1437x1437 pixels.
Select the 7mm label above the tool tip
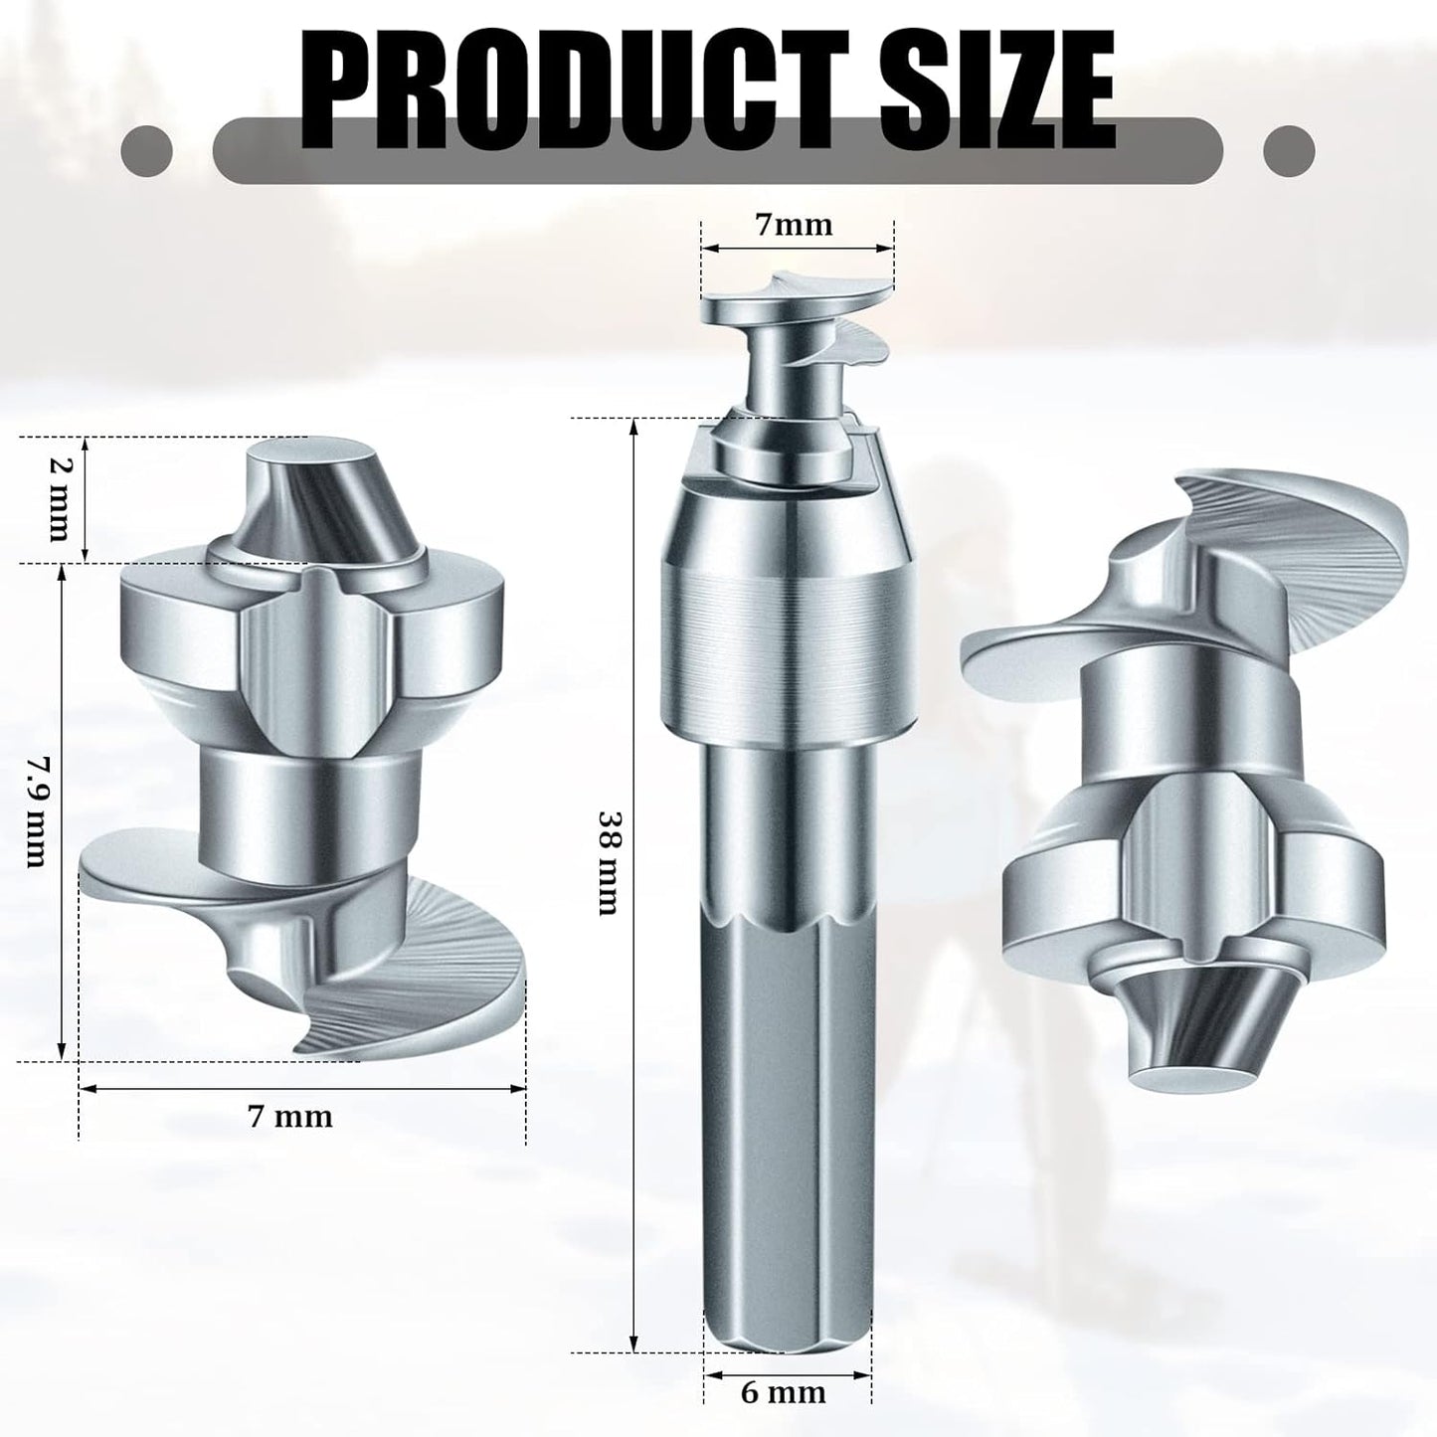(x=795, y=225)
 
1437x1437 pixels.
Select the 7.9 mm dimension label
(x=36, y=810)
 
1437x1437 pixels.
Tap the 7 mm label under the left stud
(x=290, y=1116)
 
